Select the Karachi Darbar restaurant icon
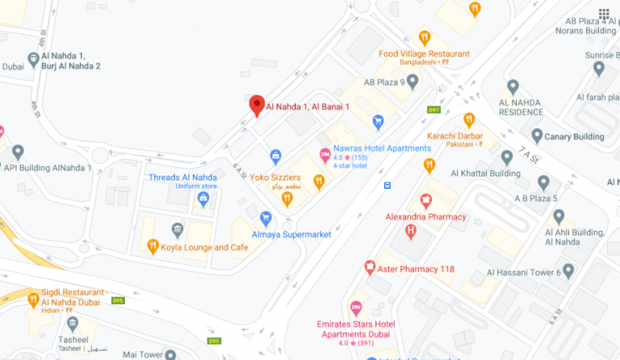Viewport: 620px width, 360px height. [x=469, y=120]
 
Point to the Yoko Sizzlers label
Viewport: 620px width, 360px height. [x=275, y=177]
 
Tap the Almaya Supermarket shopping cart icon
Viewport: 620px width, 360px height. [x=266, y=218]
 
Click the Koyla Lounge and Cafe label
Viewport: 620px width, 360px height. [x=204, y=247]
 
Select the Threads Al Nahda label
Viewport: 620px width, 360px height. [x=182, y=178]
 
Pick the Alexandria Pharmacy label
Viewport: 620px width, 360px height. [x=425, y=216]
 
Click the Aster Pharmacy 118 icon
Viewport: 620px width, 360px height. [x=370, y=268]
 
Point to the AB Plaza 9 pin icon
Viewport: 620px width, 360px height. [x=413, y=82]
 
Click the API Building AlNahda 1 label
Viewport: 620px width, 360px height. [x=48, y=168]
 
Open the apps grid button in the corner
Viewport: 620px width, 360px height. [x=604, y=15]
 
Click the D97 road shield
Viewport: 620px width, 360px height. [x=434, y=110]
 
